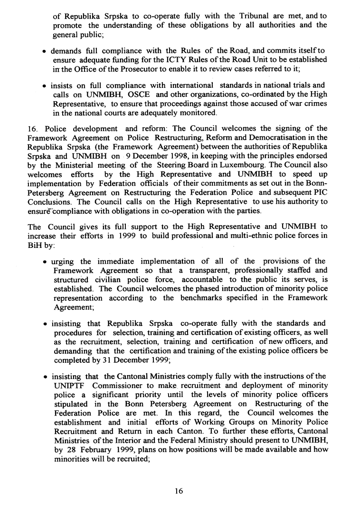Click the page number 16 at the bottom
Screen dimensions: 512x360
click(179, 492)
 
